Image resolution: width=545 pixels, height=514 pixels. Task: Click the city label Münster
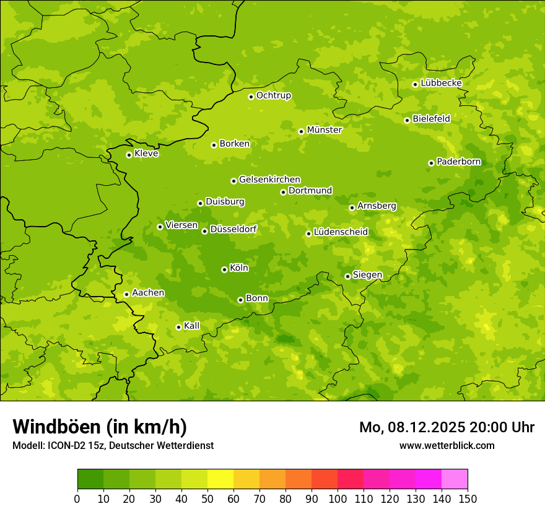[x=325, y=130]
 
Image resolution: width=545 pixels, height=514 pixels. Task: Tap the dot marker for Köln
[x=224, y=269]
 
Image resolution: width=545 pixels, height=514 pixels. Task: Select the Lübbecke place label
[x=441, y=83]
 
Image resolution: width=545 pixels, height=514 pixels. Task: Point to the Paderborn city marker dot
[x=431, y=163]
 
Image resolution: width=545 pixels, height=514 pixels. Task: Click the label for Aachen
[x=148, y=293]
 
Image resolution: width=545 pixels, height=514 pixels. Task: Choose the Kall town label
[x=192, y=326]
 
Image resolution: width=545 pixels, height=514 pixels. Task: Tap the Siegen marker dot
[x=347, y=276]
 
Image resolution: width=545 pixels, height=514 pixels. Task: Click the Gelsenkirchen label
[x=269, y=180]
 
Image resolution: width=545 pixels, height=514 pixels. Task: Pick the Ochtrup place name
[x=274, y=95]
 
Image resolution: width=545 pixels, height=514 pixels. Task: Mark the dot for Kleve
[x=129, y=155]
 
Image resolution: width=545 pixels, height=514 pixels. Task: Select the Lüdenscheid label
[x=341, y=232]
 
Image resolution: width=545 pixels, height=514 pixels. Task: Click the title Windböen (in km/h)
[x=100, y=427]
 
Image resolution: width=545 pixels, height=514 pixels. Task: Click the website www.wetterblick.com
[x=447, y=445]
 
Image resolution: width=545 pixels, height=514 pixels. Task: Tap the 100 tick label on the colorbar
[x=338, y=499]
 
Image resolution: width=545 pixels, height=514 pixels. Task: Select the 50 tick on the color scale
[x=207, y=499]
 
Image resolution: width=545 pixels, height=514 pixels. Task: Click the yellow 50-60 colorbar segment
[x=220, y=479]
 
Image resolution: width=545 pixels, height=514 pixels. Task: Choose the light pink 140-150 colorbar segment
[x=455, y=479]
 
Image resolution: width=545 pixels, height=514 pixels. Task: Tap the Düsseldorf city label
[x=233, y=229]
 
